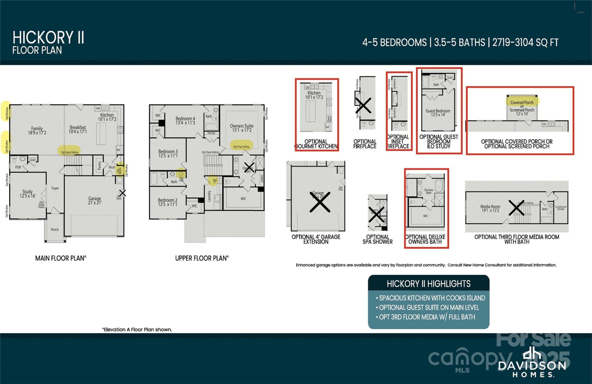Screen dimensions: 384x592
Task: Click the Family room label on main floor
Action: point(37,131)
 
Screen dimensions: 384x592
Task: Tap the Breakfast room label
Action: point(78,129)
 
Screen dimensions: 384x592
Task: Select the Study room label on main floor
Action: point(27,194)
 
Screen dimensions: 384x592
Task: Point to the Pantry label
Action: point(99,165)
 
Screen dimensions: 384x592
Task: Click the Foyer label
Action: point(55,188)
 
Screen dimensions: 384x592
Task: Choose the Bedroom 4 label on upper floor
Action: point(185,121)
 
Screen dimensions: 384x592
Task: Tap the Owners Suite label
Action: point(242,128)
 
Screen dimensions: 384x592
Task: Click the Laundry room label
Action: point(209,196)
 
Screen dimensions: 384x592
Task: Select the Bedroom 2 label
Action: point(168,202)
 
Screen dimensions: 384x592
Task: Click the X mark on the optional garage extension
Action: point(320,202)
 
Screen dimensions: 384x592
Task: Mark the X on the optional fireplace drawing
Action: point(363,106)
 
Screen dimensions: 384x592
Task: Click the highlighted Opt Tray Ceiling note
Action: point(241,146)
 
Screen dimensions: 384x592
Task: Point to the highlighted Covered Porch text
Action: point(522,102)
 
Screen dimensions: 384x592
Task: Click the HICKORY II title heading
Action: point(48,38)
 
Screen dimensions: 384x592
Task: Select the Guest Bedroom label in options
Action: point(438,113)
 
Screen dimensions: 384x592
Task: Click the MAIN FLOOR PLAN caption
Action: point(61,258)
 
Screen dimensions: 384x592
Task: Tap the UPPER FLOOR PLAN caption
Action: point(202,258)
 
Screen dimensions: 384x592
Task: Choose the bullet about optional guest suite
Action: point(429,308)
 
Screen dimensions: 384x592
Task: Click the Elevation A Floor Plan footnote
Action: point(137,329)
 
